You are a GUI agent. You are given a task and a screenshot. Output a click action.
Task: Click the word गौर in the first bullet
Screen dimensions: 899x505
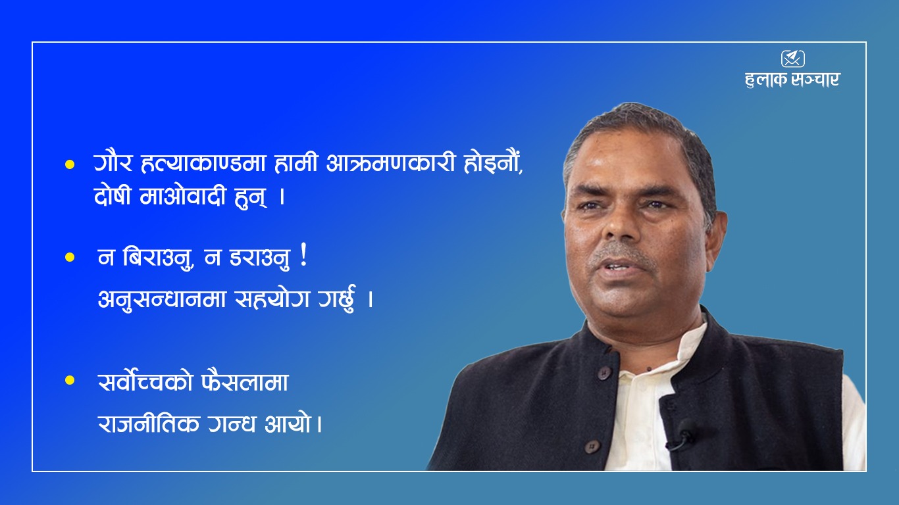tap(113, 163)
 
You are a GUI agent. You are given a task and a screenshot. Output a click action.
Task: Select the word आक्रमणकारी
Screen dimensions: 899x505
tap(390, 163)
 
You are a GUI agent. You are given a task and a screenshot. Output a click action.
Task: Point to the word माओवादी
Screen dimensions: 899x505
tap(183, 196)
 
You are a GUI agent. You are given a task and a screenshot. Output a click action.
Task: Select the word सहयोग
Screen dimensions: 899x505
tap(272, 299)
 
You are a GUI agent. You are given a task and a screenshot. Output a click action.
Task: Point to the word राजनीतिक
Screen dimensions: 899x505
tap(149, 423)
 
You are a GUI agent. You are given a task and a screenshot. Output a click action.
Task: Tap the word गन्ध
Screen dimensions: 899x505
tap(232, 423)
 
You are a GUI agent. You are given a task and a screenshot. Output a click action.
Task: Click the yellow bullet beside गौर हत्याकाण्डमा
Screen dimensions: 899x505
tap(70, 164)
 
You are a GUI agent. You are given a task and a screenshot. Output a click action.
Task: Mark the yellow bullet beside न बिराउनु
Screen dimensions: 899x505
tap(70, 257)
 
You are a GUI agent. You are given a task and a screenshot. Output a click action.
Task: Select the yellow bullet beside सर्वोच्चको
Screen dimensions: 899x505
tap(70, 380)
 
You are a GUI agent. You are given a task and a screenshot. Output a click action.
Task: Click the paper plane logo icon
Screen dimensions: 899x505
tap(792, 59)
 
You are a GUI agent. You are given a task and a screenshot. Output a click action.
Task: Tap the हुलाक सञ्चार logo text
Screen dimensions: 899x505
tap(792, 80)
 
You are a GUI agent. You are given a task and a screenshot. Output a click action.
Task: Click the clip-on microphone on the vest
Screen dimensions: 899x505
tap(684, 434)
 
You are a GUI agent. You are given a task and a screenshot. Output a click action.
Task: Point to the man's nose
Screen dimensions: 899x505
tap(622, 225)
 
